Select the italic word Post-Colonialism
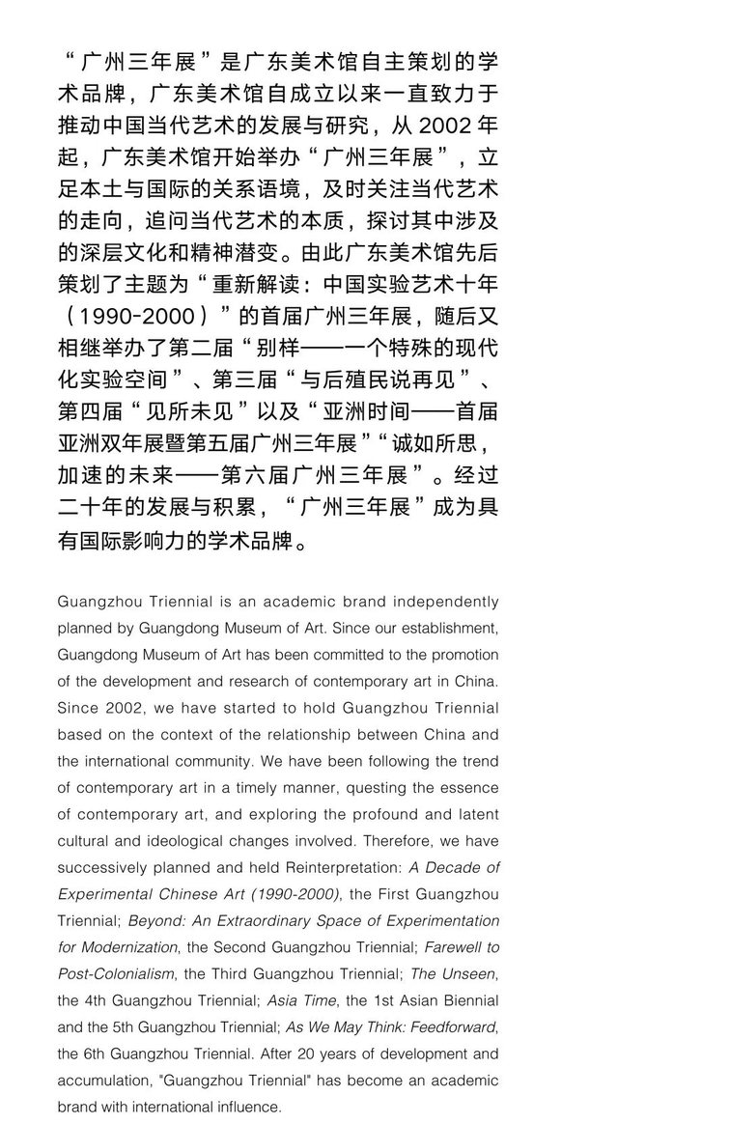pyautogui.click(x=116, y=974)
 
